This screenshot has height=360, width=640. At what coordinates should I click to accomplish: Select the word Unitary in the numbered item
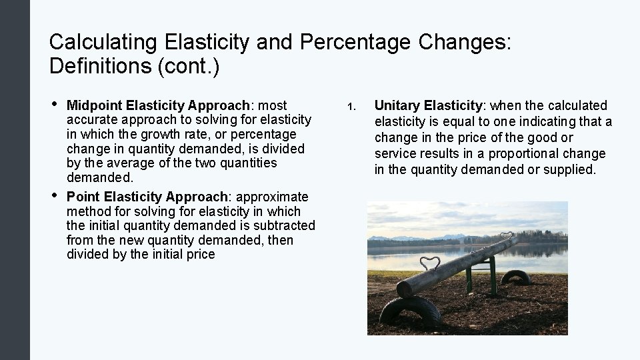[x=397, y=105]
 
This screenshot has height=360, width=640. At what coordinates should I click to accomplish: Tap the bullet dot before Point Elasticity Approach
[x=54, y=196]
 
